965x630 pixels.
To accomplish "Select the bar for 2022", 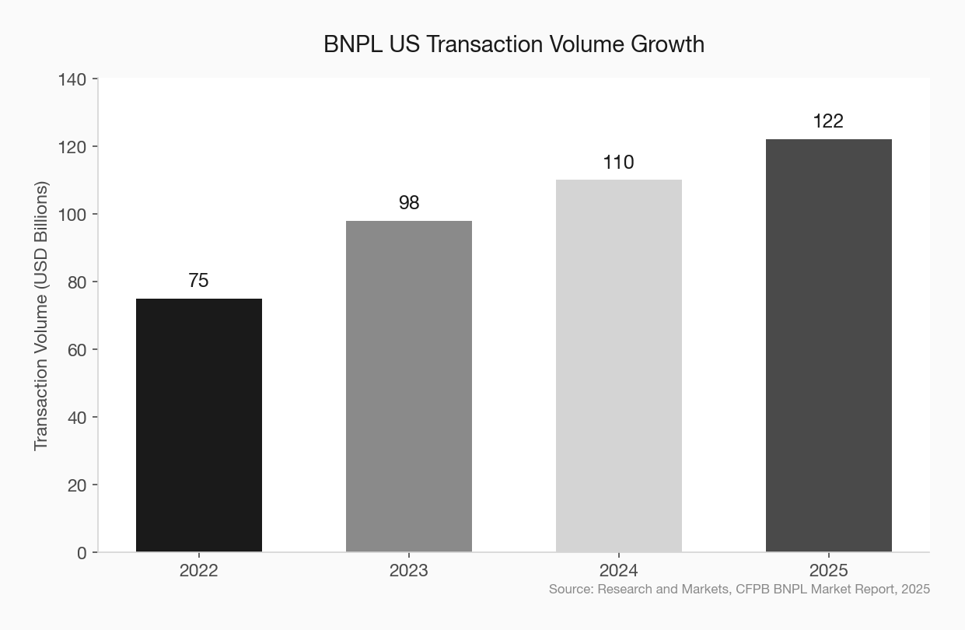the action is coord(199,425).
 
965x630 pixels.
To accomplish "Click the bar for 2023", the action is coord(409,386).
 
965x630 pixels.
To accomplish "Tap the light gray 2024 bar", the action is coord(619,366).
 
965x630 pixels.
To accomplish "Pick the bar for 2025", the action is coord(829,345).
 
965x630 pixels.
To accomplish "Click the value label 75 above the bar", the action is coord(198,281).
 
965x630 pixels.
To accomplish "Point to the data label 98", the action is coord(409,202).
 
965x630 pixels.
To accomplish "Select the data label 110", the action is coord(619,163).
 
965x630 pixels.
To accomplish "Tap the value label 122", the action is coord(828,121).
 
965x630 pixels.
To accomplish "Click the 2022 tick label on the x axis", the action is coord(198,571).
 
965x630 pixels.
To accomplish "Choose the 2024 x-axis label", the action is coord(619,571).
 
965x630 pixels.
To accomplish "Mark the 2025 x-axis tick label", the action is coord(828,571).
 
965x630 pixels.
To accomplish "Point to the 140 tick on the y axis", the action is coord(72,79).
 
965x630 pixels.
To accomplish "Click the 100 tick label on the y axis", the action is coord(72,215).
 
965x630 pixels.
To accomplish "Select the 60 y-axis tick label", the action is coord(77,350).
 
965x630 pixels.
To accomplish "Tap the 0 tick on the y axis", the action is coord(82,553).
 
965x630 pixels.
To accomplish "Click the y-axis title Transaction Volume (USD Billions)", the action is coord(41,316).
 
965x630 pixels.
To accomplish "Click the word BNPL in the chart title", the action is coord(353,44).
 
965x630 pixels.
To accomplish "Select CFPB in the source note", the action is coord(753,589).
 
